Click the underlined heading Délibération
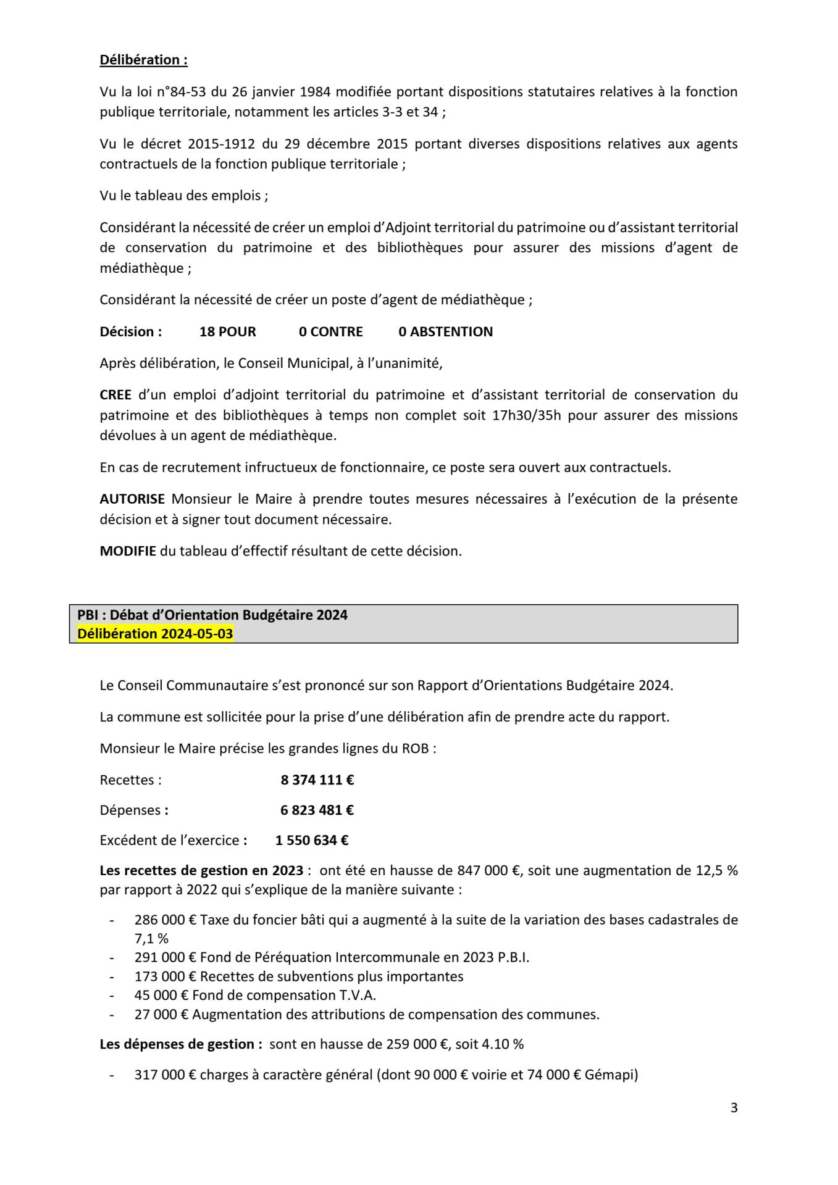tap(143, 60)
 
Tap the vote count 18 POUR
tap(227, 331)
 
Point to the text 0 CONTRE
tap(331, 331)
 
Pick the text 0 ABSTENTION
tap(445, 331)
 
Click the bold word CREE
tap(115, 394)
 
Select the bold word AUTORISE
tap(132, 499)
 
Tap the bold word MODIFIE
tap(128, 551)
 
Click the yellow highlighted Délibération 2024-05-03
tap(155, 634)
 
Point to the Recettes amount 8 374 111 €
tap(317, 780)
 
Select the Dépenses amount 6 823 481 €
tap(317, 810)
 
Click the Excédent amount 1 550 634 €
tap(312, 840)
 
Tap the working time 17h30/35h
tap(527, 415)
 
